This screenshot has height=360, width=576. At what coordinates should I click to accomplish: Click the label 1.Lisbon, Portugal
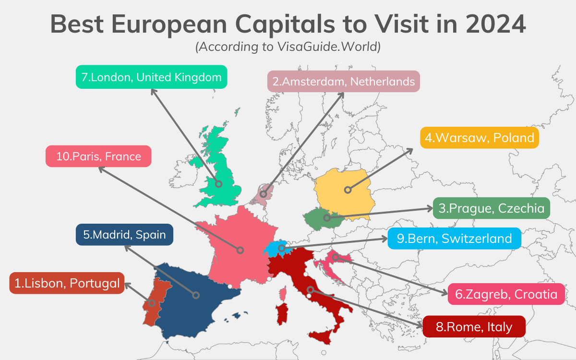pos(67,283)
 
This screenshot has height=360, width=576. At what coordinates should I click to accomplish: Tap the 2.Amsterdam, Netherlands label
pos(343,81)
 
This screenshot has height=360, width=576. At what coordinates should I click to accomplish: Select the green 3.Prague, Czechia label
pos(492,208)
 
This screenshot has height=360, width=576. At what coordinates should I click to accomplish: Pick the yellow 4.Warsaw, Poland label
pos(480,138)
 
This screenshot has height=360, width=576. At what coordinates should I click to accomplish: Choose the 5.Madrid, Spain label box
pos(124,235)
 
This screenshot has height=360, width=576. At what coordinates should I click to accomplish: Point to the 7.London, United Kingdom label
pos(151,77)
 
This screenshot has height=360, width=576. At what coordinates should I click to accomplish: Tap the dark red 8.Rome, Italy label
pos(474,327)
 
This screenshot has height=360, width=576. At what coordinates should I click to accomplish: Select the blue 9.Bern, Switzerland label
pos(454,238)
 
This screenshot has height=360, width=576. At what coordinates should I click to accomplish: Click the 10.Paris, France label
pos(98,156)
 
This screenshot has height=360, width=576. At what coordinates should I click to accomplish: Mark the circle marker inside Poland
pos(348,190)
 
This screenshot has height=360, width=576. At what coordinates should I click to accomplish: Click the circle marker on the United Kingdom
pos(218,184)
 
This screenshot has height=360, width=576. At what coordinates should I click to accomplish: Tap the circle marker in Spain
pos(195,295)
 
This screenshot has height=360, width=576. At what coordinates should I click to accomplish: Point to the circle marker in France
pos(240,250)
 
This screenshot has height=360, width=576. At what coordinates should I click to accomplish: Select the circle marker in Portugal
pos(152,303)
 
